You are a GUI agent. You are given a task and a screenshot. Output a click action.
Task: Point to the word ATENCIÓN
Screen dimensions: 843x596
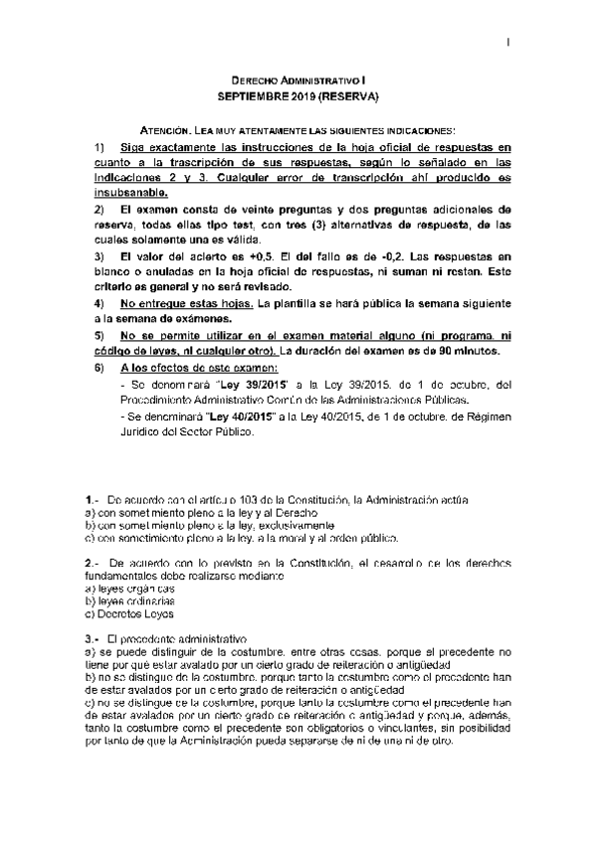[x=166, y=130]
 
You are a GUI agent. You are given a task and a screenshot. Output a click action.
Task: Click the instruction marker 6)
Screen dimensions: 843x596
[x=99, y=368]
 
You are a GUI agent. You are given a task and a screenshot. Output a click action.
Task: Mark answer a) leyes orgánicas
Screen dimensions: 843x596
[x=124, y=589]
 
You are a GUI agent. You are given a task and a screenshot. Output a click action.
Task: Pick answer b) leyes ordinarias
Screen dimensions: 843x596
[x=123, y=602]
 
